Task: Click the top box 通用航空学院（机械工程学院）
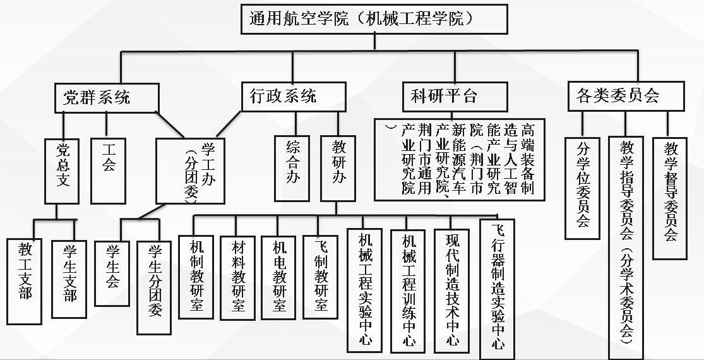(374, 20)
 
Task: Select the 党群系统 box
(107, 98)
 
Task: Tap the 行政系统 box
(294, 97)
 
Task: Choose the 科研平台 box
(455, 97)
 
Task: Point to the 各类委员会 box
(626, 96)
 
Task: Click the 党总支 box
(62, 171)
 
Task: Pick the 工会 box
(108, 171)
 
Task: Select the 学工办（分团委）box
(191, 171)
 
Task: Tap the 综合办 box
(292, 169)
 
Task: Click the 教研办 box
(338, 169)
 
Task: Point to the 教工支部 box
(24, 282)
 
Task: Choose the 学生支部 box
(69, 279)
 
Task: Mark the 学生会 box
(112, 274)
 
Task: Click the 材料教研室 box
(237, 278)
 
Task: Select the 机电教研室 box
(278, 277)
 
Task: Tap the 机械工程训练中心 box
(408, 291)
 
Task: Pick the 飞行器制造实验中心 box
(497, 289)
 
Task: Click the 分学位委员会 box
(582, 188)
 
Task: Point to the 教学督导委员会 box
(670, 198)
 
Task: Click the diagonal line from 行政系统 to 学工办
(229, 124)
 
